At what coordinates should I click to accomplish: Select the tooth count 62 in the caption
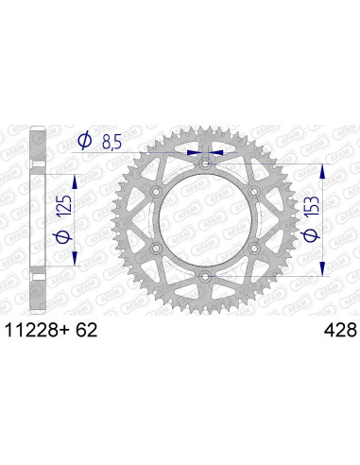pyautogui.click(x=83, y=332)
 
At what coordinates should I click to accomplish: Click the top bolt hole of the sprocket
pyautogui.click(x=205, y=166)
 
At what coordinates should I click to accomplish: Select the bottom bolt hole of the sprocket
pyautogui.click(x=205, y=276)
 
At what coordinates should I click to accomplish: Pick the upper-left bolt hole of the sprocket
pyautogui.click(x=157, y=194)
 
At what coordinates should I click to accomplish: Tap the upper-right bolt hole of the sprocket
pyautogui.click(x=252, y=194)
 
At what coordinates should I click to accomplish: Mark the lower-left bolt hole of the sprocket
pyautogui.click(x=157, y=249)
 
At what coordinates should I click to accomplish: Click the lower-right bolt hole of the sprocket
pyautogui.click(x=252, y=249)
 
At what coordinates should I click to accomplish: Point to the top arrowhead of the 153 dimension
pyautogui.click(x=324, y=172)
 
